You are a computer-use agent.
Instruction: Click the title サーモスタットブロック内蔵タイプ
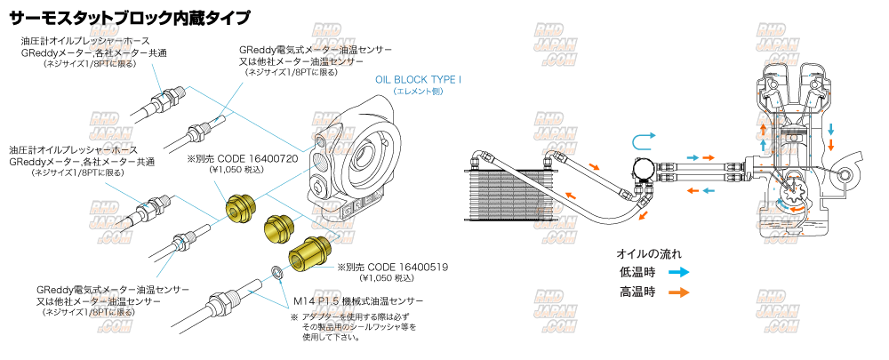[130, 17]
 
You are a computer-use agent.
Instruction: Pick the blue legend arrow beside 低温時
[678, 273]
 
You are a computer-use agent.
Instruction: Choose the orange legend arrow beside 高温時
[678, 292]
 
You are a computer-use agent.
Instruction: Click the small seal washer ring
[277, 271]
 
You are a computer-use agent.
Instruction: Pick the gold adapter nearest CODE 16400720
[240, 209]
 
